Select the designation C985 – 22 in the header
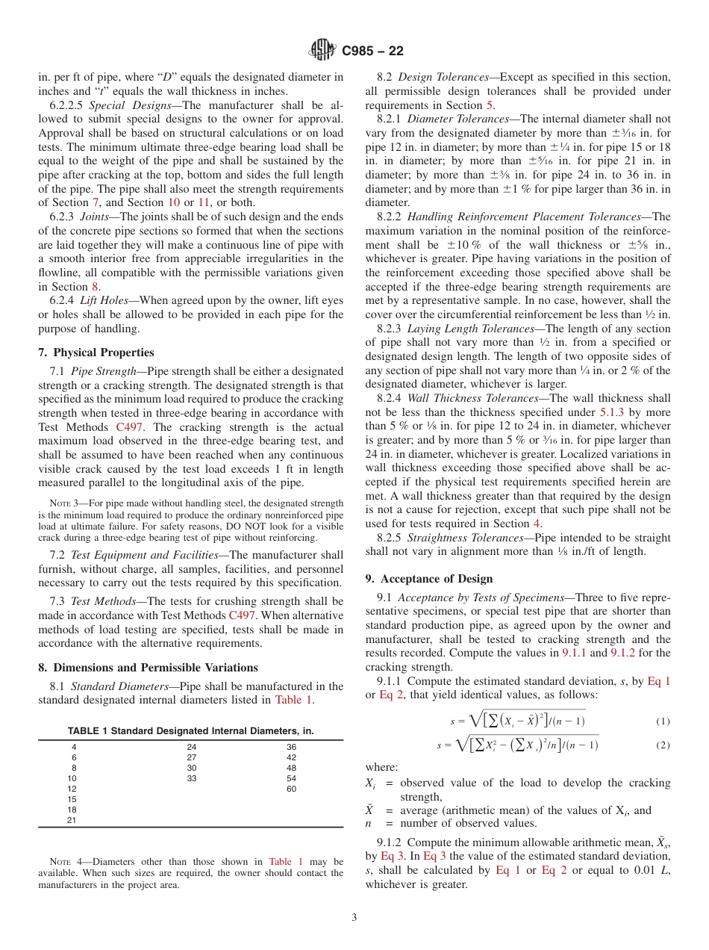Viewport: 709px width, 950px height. [372, 51]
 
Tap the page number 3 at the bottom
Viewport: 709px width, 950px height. [354, 917]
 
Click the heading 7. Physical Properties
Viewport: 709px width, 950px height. [96, 353]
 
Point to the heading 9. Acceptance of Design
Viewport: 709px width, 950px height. [429, 579]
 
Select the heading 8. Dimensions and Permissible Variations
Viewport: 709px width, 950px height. [148, 668]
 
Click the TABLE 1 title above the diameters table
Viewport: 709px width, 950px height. [190, 731]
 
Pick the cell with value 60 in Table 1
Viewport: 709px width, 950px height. [291, 788]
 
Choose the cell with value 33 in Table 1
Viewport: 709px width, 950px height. [191, 777]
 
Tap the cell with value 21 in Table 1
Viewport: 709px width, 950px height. [72, 819]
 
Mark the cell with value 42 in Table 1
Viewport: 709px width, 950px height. [291, 757]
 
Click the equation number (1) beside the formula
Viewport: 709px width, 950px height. [663, 721]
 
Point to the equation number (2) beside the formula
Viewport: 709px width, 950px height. [663, 745]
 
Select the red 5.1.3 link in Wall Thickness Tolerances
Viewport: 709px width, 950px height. [613, 412]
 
